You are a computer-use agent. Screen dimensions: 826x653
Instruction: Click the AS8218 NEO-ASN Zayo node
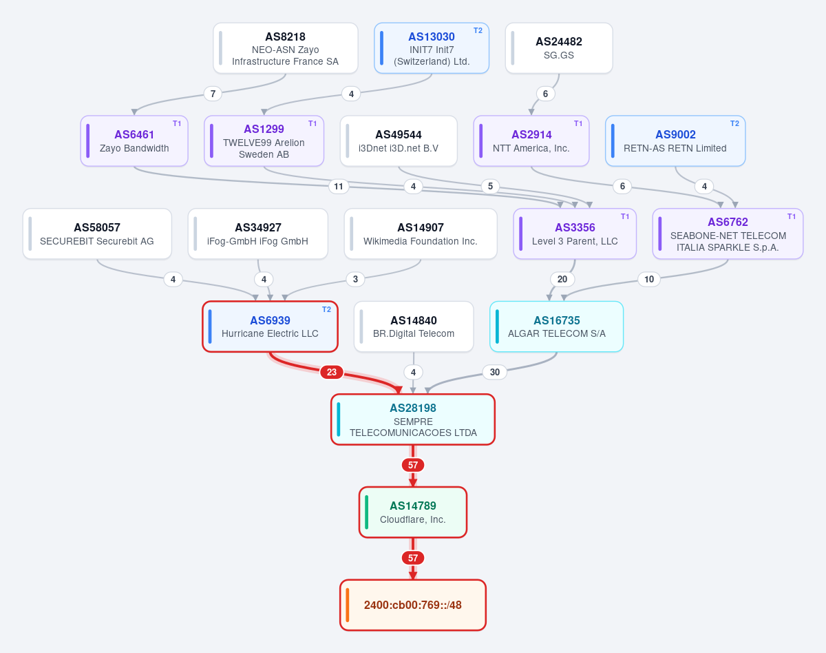(286, 48)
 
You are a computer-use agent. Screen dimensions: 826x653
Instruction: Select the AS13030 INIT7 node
(432, 48)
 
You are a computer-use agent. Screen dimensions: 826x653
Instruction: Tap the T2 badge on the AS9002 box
(734, 123)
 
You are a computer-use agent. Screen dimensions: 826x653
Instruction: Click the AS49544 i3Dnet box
(399, 141)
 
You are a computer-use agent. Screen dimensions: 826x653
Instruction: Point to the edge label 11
(338, 186)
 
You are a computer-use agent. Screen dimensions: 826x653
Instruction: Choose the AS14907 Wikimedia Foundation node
(421, 234)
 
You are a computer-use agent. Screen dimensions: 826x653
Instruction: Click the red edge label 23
(332, 372)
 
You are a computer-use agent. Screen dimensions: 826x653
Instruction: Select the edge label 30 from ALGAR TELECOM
(495, 372)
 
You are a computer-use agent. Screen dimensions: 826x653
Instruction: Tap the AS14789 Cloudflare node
(413, 512)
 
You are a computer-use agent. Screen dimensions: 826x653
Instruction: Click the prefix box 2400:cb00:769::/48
(413, 605)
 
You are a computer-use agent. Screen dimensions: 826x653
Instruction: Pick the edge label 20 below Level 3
(562, 279)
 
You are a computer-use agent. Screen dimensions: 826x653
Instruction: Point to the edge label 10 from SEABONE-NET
(649, 279)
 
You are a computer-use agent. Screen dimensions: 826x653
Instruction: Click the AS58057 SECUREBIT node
(97, 234)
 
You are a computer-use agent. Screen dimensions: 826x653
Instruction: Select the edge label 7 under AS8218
(213, 94)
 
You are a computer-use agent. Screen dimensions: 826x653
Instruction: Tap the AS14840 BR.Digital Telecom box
(414, 326)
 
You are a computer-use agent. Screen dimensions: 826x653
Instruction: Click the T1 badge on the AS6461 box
(177, 123)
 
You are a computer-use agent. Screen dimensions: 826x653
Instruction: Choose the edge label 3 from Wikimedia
(355, 279)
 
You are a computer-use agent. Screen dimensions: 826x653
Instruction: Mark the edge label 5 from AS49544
(490, 186)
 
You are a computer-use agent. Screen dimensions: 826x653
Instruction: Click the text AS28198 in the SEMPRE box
(413, 408)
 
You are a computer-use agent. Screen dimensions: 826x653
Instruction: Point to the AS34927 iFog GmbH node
(258, 234)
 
